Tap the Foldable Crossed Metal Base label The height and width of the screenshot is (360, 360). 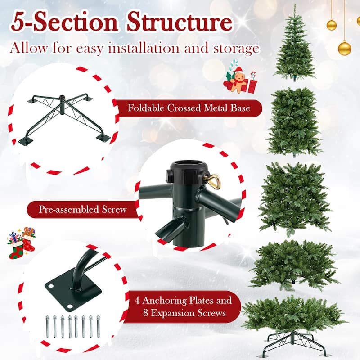point(189,108)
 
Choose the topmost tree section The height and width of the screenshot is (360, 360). point(295,45)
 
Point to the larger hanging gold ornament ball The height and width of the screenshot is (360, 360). point(344,48)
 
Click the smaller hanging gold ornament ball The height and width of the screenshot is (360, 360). point(332,25)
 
